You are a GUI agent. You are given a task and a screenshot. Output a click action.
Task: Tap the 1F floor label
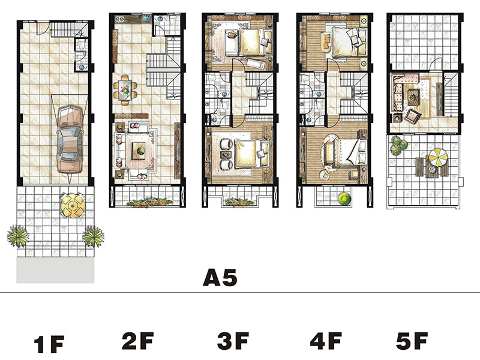tap(49, 344)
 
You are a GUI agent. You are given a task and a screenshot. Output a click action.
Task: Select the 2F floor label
tap(138, 341)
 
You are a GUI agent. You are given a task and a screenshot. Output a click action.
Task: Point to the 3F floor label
tap(233, 341)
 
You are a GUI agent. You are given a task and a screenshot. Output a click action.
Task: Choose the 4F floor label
tap(326, 341)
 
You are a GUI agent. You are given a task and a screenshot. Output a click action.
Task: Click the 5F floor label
tap(412, 341)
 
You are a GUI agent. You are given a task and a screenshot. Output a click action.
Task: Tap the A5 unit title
tap(220, 278)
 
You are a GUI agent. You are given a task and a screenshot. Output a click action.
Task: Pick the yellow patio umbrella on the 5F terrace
tap(438, 157)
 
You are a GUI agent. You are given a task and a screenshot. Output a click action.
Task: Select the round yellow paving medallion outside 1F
tap(72, 205)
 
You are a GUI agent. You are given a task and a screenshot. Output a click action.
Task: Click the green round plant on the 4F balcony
tap(344, 199)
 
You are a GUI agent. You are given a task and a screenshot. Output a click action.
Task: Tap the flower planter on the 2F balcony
tap(149, 202)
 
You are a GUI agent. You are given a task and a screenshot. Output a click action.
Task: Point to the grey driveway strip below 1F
tap(55, 270)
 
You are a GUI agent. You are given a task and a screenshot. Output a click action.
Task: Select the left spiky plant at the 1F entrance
tap(18, 236)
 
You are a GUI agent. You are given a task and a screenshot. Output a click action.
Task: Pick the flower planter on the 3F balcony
tap(239, 202)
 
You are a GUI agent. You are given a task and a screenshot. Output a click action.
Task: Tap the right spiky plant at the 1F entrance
tap(93, 236)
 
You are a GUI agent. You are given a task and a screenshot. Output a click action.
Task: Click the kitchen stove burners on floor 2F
tap(119, 19)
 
